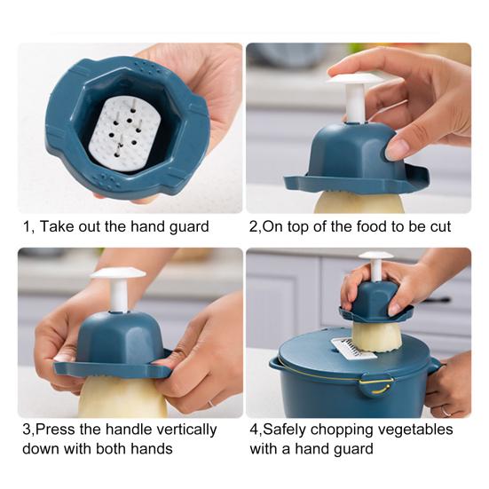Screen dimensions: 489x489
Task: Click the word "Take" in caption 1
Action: coord(57,226)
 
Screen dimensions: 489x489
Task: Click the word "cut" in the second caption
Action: coord(440,227)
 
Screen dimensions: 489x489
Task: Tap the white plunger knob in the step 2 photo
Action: coord(355,78)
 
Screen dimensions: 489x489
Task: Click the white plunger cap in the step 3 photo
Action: coord(118,273)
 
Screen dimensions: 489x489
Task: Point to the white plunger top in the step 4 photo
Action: coord(376,256)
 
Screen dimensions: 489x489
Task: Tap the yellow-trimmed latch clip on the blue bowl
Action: coord(375,384)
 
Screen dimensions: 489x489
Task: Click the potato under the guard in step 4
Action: coord(376,337)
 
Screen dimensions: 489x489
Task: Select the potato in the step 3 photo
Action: coord(122,396)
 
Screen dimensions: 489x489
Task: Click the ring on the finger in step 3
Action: coord(211,403)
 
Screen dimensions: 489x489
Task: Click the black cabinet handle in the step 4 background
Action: coord(437,300)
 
